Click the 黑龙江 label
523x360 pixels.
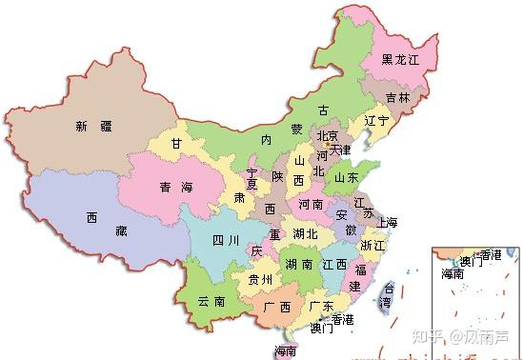[x=401, y=59]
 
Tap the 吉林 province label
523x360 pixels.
[x=399, y=97]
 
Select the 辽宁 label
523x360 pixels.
[x=371, y=121]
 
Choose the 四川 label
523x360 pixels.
[x=225, y=240]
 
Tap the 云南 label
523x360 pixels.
[x=211, y=301]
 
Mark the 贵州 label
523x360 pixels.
[x=260, y=279]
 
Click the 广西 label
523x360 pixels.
[x=276, y=306]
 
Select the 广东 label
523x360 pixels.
[x=321, y=306]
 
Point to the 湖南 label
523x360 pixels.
[x=296, y=264]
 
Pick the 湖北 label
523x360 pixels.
[x=305, y=233]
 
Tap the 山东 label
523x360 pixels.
[x=346, y=177]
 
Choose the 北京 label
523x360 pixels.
[x=327, y=135]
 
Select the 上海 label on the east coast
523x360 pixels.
[x=387, y=223]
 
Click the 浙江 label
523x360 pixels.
[x=371, y=245]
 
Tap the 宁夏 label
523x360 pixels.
[x=251, y=180]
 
